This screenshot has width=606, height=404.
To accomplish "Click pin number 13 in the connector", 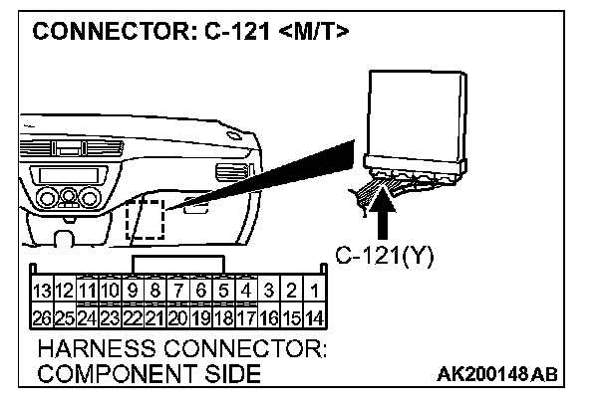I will (43, 292).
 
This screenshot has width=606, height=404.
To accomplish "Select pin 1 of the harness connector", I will (314, 292).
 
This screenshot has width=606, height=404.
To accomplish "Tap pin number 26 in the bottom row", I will (43, 318).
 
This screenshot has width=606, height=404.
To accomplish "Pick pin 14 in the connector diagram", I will (314, 318).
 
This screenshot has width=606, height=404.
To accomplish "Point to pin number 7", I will (179, 292).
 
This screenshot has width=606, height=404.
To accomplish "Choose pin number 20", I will (179, 318).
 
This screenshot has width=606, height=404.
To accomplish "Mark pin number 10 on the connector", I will (111, 292).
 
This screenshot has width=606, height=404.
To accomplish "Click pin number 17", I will (246, 318).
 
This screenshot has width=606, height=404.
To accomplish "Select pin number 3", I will (269, 292).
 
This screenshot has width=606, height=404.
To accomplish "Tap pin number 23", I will (111, 318).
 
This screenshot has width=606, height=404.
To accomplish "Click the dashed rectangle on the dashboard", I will (147, 217).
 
